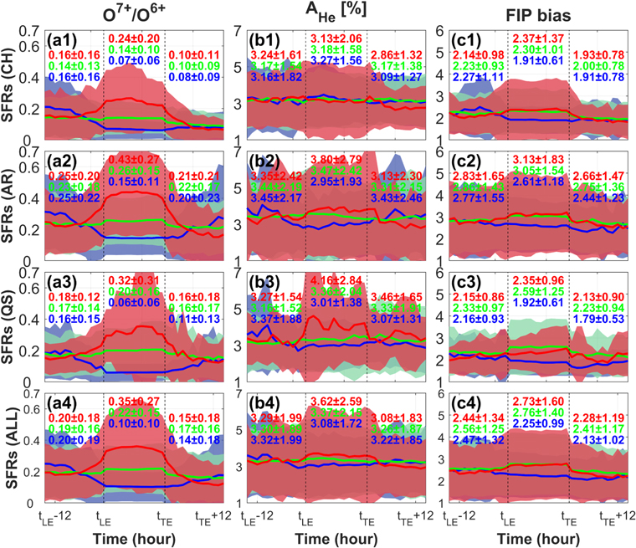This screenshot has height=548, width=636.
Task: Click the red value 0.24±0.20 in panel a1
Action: pyautogui.click(x=134, y=38)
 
